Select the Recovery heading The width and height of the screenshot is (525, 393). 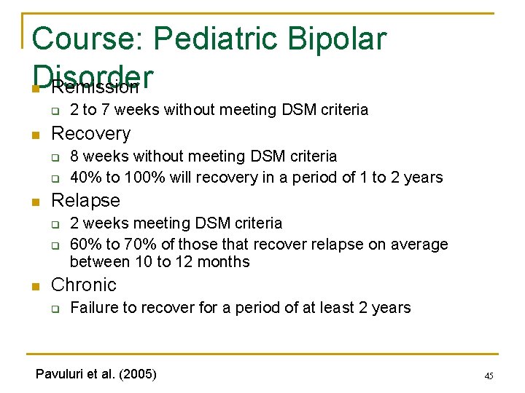pos(91,134)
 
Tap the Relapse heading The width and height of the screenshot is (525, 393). pos(86,200)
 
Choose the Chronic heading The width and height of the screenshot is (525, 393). pos(84,285)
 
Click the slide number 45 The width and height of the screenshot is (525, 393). pos(489,376)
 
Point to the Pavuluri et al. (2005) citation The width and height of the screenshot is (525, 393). pos(96,374)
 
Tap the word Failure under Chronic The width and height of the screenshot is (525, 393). pos(93,308)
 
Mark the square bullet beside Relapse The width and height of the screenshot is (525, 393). pos(34,202)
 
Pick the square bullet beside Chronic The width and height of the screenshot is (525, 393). pos(34,286)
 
